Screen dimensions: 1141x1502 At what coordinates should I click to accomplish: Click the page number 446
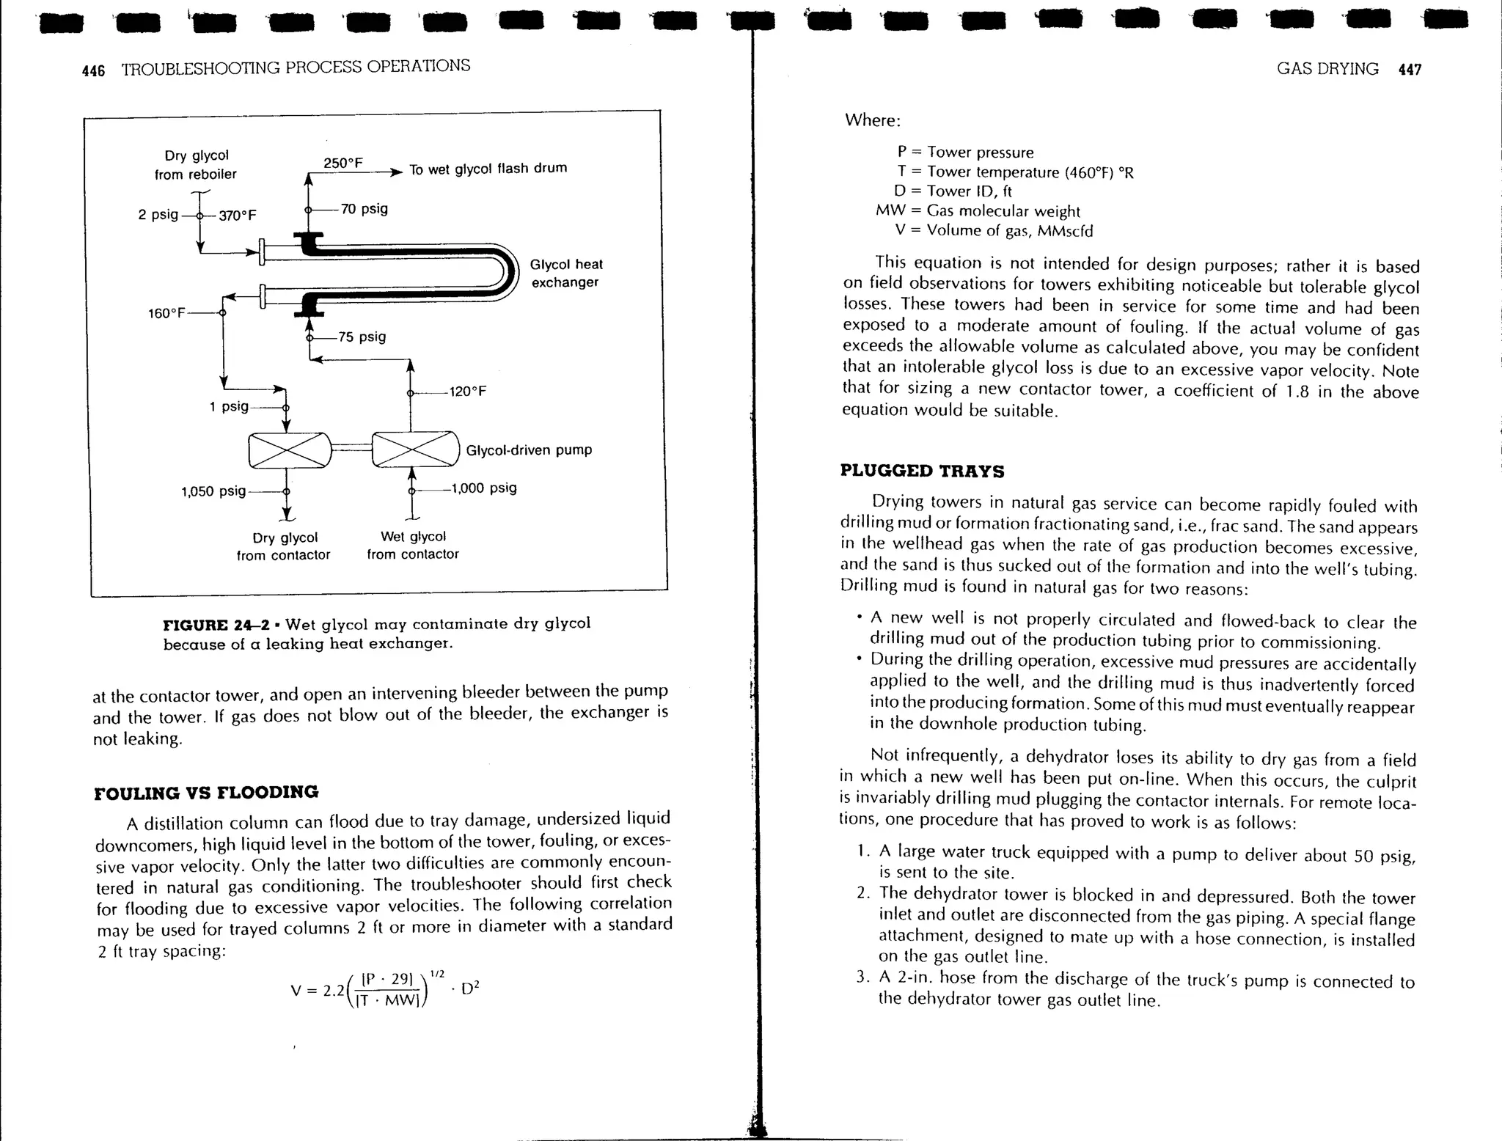(x=93, y=70)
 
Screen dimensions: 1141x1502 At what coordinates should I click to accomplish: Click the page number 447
(x=1410, y=70)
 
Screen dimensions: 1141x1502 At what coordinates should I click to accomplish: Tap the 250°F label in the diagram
(x=343, y=163)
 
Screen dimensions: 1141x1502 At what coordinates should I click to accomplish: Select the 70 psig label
(x=364, y=209)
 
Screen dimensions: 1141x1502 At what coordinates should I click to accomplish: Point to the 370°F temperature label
(x=238, y=215)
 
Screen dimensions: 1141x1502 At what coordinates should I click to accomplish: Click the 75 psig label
(x=362, y=337)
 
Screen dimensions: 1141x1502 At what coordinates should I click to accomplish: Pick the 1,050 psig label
(x=213, y=491)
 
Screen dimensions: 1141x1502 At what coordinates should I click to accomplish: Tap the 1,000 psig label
(x=484, y=488)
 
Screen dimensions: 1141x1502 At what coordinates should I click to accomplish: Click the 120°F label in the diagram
(x=468, y=392)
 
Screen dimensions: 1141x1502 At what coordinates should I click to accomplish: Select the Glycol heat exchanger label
(x=565, y=274)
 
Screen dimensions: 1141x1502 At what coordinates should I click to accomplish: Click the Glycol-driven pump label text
(x=529, y=450)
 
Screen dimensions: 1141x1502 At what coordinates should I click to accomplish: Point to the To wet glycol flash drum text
(x=488, y=169)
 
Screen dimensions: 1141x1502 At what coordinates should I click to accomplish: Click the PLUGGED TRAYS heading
(x=922, y=471)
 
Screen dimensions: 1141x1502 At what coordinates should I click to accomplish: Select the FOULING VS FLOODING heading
(x=206, y=793)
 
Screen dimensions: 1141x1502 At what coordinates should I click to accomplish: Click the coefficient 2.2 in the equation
(x=334, y=990)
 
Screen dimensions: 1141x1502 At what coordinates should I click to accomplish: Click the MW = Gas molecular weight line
(x=978, y=211)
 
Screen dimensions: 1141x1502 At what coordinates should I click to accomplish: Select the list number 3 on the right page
(x=862, y=978)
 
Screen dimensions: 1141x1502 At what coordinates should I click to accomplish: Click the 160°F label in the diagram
(x=166, y=314)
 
